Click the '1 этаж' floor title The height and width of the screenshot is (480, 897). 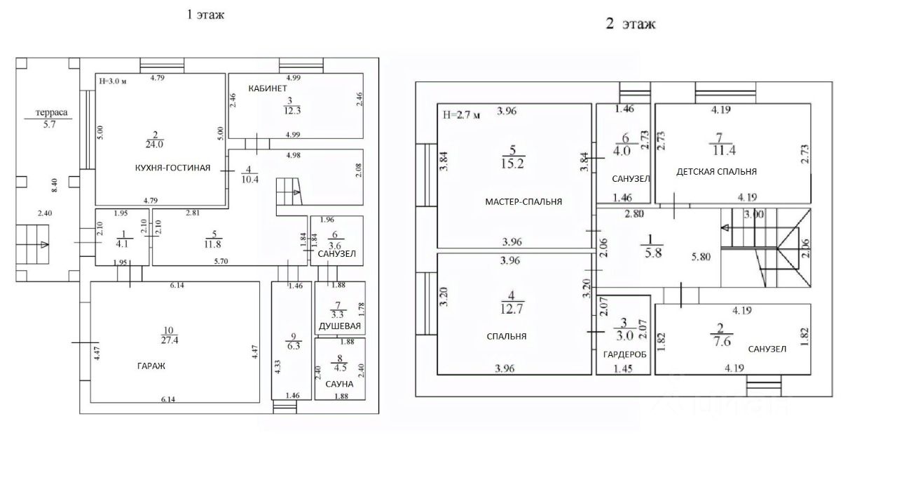pyautogui.click(x=205, y=15)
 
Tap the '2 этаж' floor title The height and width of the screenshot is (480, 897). pyautogui.click(x=631, y=24)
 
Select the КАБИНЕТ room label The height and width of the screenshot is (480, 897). pyautogui.click(x=268, y=88)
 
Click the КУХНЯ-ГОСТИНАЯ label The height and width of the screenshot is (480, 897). pyautogui.click(x=172, y=168)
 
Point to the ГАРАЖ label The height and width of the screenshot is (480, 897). pyautogui.click(x=151, y=366)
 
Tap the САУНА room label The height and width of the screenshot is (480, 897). pyautogui.click(x=339, y=384)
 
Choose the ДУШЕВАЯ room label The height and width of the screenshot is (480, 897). pyautogui.click(x=340, y=326)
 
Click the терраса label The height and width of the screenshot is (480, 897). pyautogui.click(x=52, y=112)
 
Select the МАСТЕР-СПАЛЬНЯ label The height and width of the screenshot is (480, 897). pyautogui.click(x=523, y=201)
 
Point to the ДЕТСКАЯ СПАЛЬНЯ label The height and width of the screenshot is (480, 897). pyautogui.click(x=716, y=172)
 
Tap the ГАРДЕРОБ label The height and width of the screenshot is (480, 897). pyautogui.click(x=624, y=354)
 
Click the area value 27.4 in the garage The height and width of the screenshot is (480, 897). pyautogui.click(x=170, y=340)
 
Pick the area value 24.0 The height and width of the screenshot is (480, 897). pyautogui.click(x=154, y=145)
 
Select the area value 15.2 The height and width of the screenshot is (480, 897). pyautogui.click(x=512, y=164)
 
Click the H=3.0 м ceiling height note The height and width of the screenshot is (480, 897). pyautogui.click(x=113, y=81)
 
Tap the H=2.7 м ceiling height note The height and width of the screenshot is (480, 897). pyautogui.click(x=461, y=115)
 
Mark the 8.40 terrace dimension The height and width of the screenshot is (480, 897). pyautogui.click(x=55, y=185)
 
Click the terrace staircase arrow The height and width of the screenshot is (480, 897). pyautogui.click(x=44, y=245)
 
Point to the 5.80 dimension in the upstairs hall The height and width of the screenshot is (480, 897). pyautogui.click(x=701, y=257)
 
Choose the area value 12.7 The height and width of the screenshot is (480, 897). pyautogui.click(x=512, y=309)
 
